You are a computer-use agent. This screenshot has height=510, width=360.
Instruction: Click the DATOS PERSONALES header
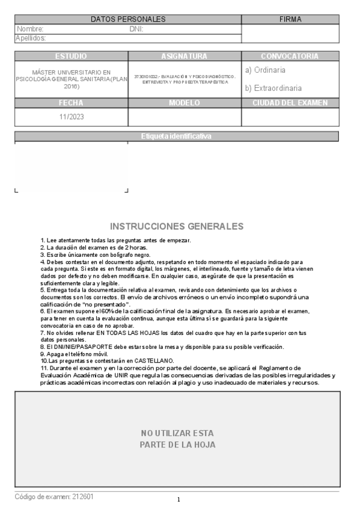(x=127, y=19)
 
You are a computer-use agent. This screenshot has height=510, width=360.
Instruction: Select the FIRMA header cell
(x=290, y=19)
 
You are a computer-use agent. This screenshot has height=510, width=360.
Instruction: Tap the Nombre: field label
(x=30, y=29)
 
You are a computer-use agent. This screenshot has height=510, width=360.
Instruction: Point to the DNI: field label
(x=136, y=29)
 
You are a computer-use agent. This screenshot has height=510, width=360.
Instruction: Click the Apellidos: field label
(x=31, y=38)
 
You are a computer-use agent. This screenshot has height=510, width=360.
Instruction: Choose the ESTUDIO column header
(x=71, y=56)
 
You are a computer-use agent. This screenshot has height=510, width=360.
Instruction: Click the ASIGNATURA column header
(x=185, y=56)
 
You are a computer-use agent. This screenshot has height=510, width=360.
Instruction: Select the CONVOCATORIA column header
(x=290, y=56)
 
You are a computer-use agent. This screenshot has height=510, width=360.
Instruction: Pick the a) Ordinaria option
(x=265, y=70)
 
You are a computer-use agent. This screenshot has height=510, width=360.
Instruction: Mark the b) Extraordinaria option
(x=273, y=88)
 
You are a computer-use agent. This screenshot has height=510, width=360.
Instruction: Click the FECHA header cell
(x=71, y=103)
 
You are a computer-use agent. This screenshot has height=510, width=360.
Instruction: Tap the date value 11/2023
(x=71, y=117)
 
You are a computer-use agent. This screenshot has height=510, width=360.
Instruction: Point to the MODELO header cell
(x=185, y=103)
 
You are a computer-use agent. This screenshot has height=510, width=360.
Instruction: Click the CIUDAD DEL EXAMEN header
(x=290, y=103)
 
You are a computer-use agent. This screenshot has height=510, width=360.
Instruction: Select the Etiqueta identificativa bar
(x=177, y=136)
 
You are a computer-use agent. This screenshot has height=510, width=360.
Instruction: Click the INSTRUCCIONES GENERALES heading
(x=177, y=227)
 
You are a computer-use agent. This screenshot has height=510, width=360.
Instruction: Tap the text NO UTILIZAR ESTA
(x=177, y=433)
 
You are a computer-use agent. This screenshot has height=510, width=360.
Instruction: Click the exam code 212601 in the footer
(x=82, y=497)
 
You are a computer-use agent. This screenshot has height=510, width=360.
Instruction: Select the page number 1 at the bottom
(x=178, y=500)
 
